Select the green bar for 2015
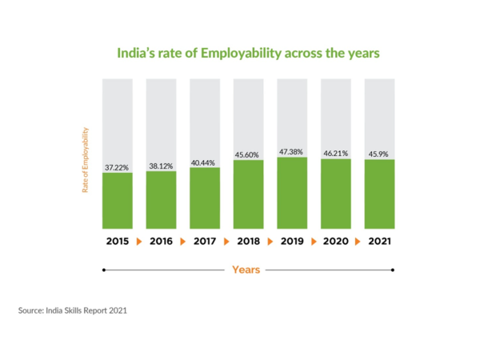(118, 201)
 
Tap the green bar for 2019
(292, 193)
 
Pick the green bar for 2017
(205, 198)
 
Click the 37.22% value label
(118, 168)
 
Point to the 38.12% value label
(161, 166)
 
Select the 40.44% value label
(205, 162)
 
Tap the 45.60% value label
(249, 154)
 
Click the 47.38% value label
(292, 151)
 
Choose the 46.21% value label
(336, 153)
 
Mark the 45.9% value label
(379, 154)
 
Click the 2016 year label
(161, 240)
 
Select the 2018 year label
(249, 240)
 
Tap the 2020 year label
(336, 240)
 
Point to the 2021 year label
(379, 240)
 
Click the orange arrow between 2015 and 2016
(139, 240)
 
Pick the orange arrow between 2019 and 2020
(314, 240)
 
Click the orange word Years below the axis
(246, 270)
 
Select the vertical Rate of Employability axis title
(86, 160)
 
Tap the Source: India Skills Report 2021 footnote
(73, 309)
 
